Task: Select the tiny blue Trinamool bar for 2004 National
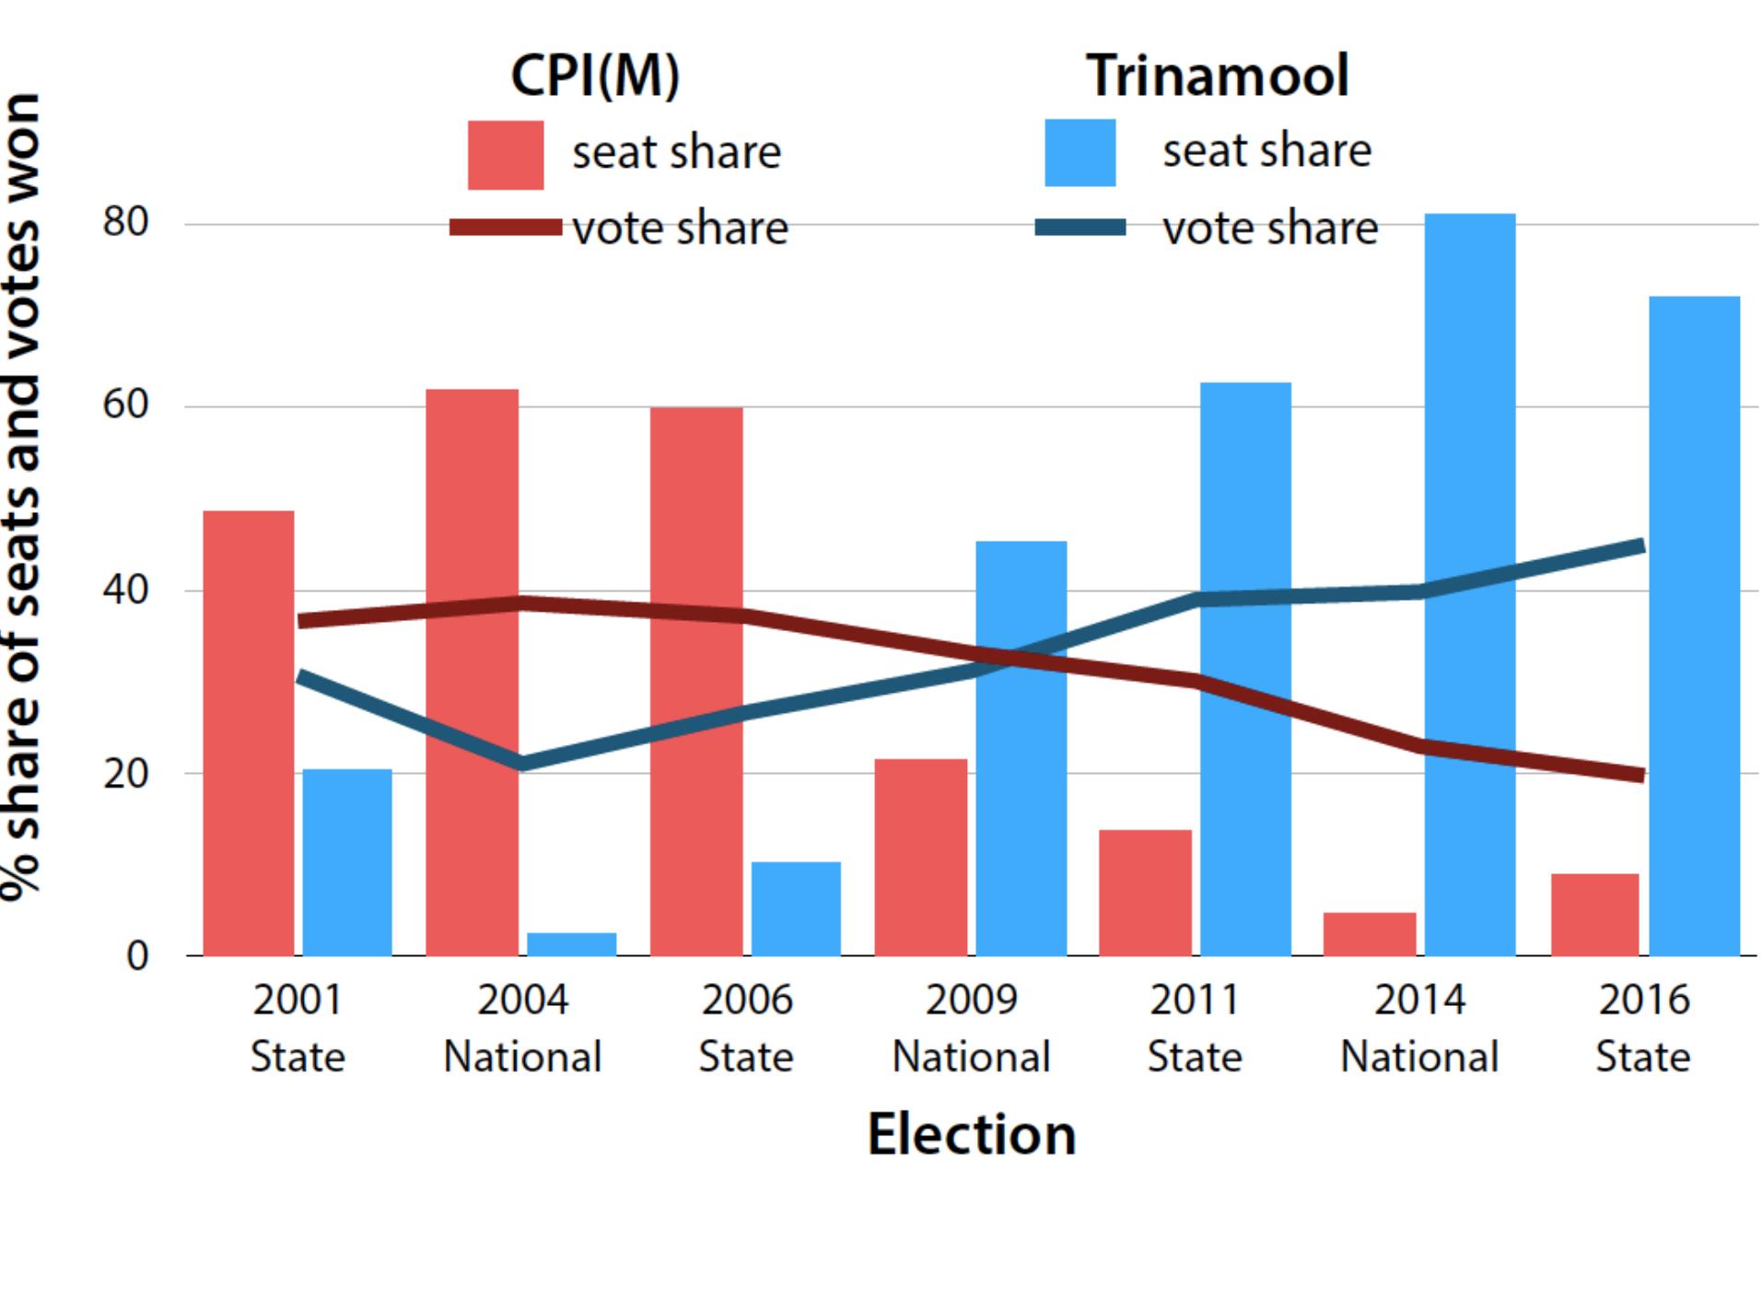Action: tap(571, 944)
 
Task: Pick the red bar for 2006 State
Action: tap(696, 682)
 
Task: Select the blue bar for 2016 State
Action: tap(1694, 626)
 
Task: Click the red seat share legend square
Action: tap(505, 155)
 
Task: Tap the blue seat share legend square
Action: tap(1079, 153)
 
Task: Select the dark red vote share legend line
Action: tap(505, 228)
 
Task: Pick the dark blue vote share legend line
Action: tap(1079, 228)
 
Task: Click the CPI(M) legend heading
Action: tap(595, 76)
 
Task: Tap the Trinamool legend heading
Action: tap(1217, 76)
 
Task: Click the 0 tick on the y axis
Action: tap(136, 955)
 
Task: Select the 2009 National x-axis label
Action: tap(971, 1027)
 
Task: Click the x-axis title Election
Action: tap(971, 1134)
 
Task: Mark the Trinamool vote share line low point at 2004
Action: tap(522, 763)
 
